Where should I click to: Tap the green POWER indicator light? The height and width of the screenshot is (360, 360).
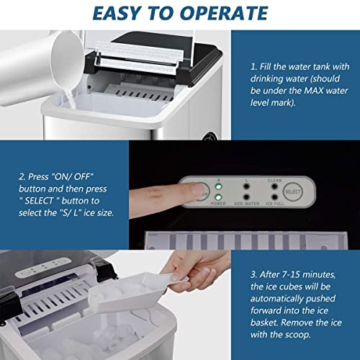click(218, 197)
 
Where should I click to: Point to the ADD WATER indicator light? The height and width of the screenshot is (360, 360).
click(246, 197)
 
